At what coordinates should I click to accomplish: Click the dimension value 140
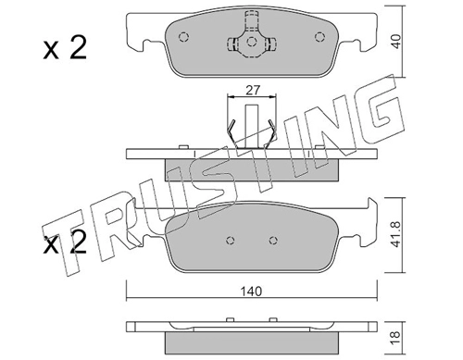[252, 291]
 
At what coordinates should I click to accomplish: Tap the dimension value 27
[253, 90]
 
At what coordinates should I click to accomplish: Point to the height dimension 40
[396, 41]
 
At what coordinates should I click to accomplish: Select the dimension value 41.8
[396, 234]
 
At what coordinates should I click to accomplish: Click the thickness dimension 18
[395, 336]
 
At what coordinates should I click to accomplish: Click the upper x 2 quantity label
[65, 48]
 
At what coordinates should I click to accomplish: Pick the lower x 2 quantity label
[65, 242]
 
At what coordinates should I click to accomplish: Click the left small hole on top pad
[184, 37]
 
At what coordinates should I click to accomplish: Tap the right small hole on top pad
[319, 37]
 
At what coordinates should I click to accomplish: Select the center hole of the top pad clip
[252, 42]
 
